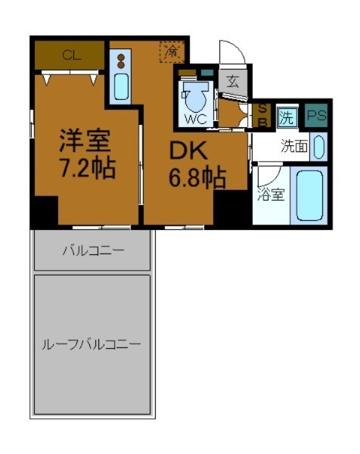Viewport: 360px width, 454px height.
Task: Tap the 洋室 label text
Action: click(85, 141)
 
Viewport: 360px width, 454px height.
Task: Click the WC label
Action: click(194, 118)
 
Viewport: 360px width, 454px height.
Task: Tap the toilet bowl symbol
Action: click(196, 95)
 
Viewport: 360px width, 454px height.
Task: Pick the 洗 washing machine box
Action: click(287, 117)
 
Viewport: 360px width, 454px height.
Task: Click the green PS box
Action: click(316, 117)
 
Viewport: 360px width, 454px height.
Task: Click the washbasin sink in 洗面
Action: click(318, 146)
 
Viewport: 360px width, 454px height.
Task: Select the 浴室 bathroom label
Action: click(270, 194)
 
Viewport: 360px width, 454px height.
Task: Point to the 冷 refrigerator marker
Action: click(172, 53)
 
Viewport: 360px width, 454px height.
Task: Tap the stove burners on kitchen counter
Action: click(119, 60)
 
